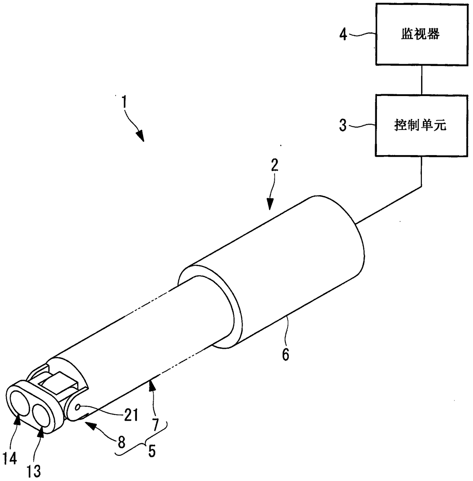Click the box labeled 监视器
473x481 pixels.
(x=421, y=34)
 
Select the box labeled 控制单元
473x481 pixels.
(x=421, y=125)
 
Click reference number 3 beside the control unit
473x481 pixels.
(x=343, y=125)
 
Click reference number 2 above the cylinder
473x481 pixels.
(x=275, y=166)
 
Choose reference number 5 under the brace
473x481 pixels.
(x=151, y=451)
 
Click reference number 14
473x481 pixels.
(x=10, y=459)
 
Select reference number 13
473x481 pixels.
(x=34, y=471)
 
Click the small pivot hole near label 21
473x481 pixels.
(x=77, y=407)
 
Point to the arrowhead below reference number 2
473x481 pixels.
(x=270, y=205)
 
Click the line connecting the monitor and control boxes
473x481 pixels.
(x=421, y=80)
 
